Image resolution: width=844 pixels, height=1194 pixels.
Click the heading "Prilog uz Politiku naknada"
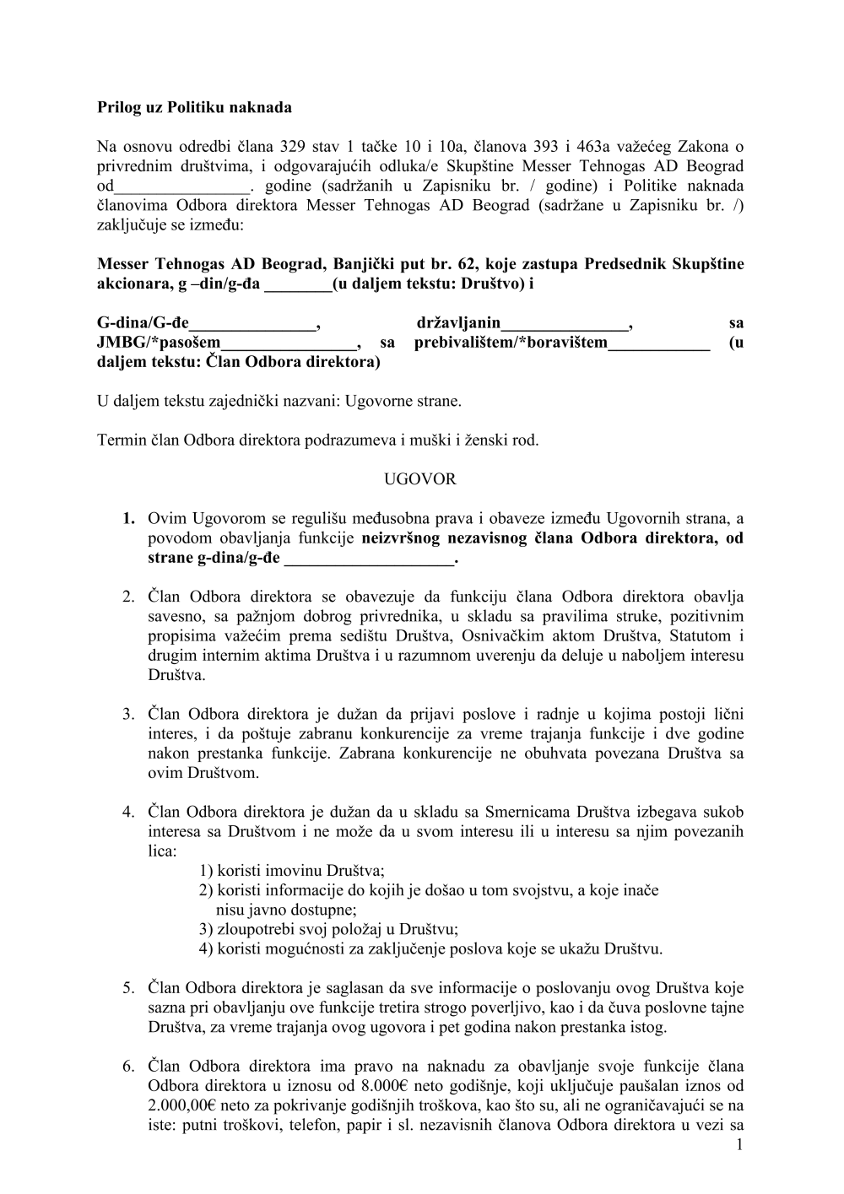pyautogui.click(x=195, y=107)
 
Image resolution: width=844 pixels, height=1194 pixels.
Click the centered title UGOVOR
pyautogui.click(x=420, y=479)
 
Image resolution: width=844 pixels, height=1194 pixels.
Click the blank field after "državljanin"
pyautogui.click(x=565, y=323)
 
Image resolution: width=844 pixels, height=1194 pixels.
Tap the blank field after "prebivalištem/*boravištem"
pyautogui.click(x=659, y=343)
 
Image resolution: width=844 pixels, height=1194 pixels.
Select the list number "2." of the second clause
pyautogui.click(x=128, y=597)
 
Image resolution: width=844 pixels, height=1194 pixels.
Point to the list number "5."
pyautogui.click(x=128, y=987)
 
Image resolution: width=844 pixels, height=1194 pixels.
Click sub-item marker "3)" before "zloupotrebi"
pyautogui.click(x=206, y=929)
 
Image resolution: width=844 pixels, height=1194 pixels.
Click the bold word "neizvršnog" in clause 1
pyautogui.click(x=403, y=538)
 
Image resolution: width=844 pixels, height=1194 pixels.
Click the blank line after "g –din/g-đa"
pyautogui.click(x=298, y=284)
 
